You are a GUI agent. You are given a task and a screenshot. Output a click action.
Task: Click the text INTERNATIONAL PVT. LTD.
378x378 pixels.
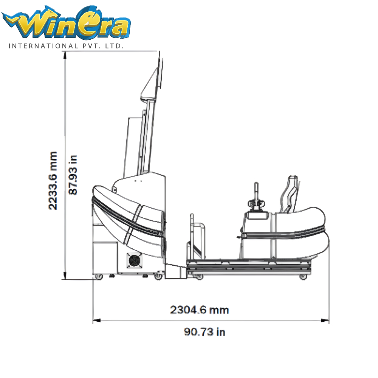point(66,46)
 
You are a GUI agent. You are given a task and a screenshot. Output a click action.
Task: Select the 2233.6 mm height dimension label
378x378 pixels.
point(53,181)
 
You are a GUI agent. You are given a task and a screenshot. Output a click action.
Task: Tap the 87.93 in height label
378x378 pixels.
point(73,175)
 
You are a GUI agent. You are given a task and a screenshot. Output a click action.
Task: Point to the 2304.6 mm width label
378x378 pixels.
point(199,310)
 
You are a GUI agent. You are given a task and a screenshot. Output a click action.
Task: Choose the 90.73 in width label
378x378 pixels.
point(204,332)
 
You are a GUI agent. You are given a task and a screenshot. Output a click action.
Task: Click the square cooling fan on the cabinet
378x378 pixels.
point(134,260)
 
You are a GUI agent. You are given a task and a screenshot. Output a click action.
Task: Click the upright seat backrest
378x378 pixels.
point(289,194)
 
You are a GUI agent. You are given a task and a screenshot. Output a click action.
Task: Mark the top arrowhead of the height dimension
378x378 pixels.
point(65,55)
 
